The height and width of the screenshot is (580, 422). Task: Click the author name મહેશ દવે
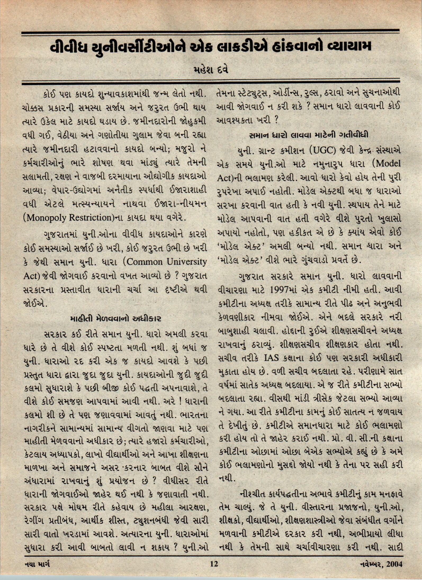(211, 71)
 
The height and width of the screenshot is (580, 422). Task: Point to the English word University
(187, 262)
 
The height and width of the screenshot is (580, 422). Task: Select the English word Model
(388, 164)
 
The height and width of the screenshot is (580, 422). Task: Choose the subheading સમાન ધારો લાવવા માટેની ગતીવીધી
(309, 135)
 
